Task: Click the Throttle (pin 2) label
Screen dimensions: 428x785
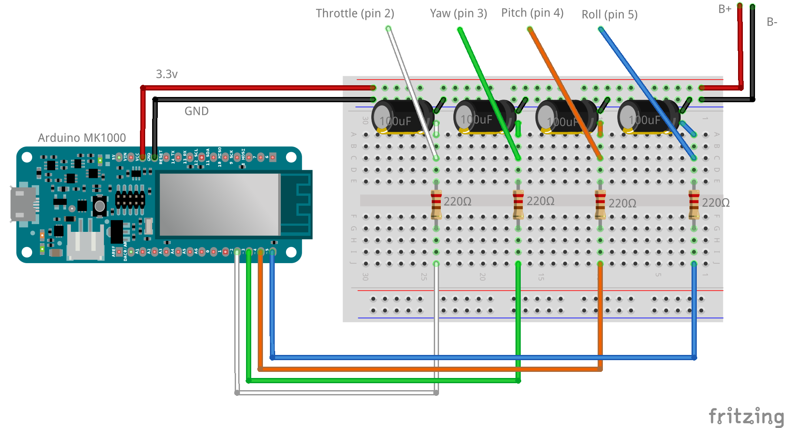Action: [355, 13]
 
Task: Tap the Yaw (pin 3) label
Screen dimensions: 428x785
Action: [458, 13]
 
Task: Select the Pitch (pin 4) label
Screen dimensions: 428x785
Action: [532, 13]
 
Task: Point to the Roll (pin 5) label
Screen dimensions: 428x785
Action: [609, 15]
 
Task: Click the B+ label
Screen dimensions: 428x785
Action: [725, 9]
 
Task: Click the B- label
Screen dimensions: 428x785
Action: [772, 22]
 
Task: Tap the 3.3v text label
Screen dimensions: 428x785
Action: [166, 74]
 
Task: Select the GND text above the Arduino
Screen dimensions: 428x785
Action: [196, 111]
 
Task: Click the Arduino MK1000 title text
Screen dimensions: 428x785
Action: [82, 138]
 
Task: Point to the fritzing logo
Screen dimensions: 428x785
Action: [745, 416]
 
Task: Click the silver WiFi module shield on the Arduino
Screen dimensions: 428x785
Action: [220, 204]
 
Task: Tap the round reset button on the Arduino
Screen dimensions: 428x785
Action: [100, 206]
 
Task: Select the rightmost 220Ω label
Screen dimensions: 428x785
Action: [715, 203]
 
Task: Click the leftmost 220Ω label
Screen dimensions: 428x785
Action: [457, 201]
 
